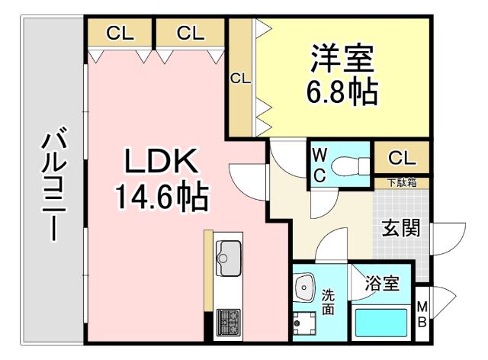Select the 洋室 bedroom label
342,57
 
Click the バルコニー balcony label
52,186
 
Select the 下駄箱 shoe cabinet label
401,183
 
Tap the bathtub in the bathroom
381,323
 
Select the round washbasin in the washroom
305,286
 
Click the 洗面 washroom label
327,301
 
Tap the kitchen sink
228,252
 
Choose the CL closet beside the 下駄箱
402,158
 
